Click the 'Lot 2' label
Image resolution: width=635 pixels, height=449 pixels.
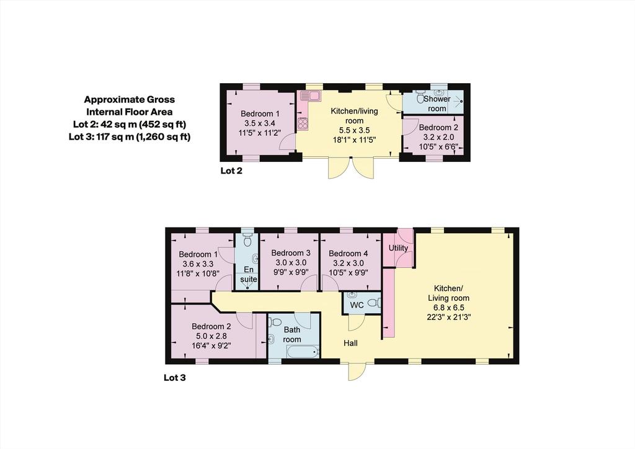point(231,171)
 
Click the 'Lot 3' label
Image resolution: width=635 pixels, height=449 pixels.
point(174,378)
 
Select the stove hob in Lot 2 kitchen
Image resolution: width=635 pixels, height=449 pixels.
point(303,123)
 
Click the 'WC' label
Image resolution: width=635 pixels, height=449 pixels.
point(357,305)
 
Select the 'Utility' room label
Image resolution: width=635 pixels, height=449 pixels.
point(398,248)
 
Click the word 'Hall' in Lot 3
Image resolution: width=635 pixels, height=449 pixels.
point(351,344)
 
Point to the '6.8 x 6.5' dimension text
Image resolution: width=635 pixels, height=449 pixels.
point(448,308)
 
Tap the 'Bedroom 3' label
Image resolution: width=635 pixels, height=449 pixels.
point(291,253)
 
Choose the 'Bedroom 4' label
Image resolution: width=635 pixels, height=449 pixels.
point(349,254)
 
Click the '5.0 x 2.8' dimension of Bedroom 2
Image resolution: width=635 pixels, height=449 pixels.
point(211,336)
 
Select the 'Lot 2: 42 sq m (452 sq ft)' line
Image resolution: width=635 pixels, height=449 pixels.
point(130,124)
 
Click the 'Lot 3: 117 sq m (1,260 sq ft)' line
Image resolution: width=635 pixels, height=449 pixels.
point(130,136)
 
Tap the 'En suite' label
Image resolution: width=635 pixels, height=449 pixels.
point(248,274)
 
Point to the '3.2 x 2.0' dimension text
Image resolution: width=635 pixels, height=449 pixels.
point(438,137)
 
